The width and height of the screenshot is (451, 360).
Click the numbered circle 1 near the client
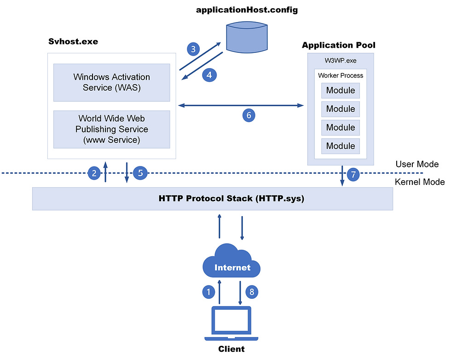(x=208, y=291)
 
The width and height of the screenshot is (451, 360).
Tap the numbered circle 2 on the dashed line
(x=94, y=173)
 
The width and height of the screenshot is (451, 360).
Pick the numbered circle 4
(x=209, y=74)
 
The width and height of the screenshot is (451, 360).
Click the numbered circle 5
(x=140, y=173)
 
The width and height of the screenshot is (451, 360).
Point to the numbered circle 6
(x=249, y=115)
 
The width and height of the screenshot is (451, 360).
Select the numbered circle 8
(x=252, y=291)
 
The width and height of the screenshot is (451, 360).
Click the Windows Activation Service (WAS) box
(x=111, y=82)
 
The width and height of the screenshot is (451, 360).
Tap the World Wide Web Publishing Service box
(x=111, y=129)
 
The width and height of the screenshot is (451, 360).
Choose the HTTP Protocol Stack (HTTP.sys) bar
(x=212, y=199)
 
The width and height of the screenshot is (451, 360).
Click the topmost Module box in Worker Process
(x=341, y=91)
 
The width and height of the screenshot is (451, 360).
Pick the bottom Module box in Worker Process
(x=341, y=146)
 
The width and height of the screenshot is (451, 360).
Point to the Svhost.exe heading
(x=73, y=42)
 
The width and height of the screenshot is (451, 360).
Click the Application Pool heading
(x=338, y=45)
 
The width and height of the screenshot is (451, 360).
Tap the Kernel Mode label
(x=419, y=182)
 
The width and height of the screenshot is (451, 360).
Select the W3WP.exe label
(x=340, y=61)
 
